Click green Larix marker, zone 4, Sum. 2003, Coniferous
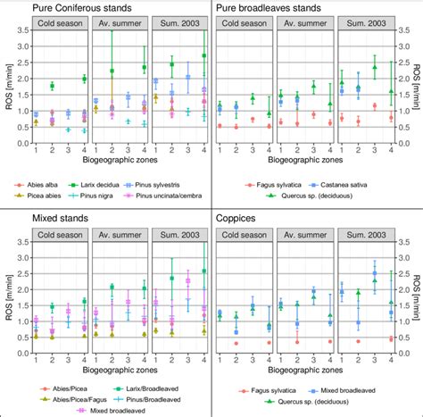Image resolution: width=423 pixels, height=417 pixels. coord(204,55)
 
